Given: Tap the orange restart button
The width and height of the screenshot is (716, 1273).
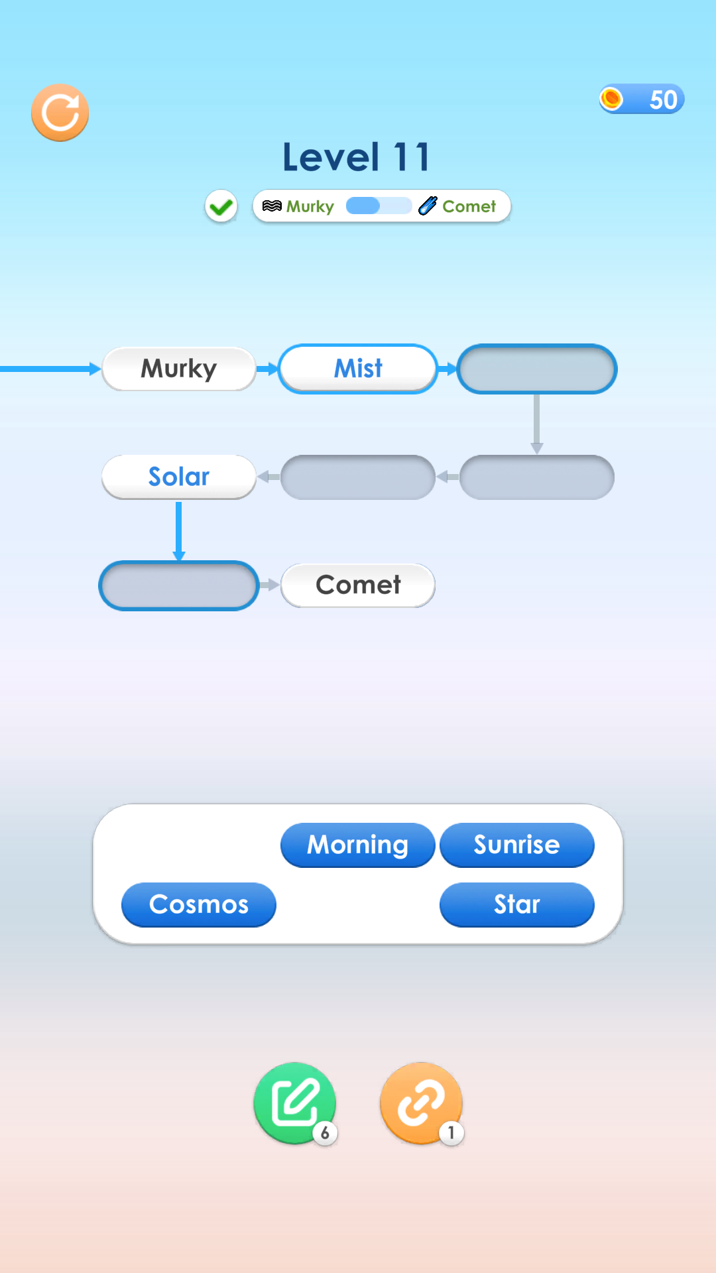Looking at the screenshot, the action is coord(60,113).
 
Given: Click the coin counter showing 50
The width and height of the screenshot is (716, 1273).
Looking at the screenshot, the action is coord(641,99).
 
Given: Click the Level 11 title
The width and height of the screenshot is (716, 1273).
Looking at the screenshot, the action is coord(357,157).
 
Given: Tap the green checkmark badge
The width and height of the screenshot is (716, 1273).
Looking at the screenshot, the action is coord(221,207).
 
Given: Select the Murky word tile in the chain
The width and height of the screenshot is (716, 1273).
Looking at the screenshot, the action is coord(179,369).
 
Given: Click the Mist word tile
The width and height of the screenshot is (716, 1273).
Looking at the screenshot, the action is coord(358,369).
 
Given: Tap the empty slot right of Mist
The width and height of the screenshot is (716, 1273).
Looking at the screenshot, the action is coord(537,369).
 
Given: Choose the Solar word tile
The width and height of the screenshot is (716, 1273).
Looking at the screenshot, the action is coord(179,477).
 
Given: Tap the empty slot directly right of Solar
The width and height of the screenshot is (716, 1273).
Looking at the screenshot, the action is coord(358,477).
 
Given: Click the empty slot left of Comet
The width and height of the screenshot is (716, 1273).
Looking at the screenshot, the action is coord(179,585).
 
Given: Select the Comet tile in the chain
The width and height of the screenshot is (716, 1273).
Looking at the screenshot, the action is coord(358,585).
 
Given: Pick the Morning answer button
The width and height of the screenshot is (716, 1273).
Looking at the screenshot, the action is coord(358,845).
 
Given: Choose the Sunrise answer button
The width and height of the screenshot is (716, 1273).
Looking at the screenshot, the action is coord(517,845).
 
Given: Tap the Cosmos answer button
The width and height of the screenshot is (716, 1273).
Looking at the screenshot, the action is coord(199,905).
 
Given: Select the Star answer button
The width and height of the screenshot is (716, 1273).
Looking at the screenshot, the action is coord(517,905).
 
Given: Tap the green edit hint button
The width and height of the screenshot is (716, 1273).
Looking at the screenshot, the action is coord(295,1103).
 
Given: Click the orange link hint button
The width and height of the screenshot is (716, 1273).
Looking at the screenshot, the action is coord(421,1103).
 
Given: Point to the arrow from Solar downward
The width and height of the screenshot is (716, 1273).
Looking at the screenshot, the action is coord(179,531).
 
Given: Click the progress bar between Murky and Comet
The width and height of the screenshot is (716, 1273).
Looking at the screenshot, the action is coord(379,206).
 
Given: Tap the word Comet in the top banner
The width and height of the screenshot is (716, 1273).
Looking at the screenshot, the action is coord(469,206).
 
